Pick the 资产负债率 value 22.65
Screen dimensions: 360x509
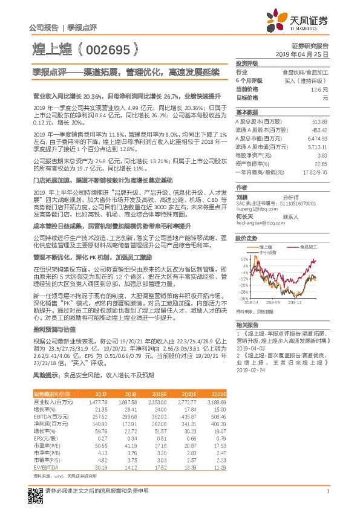click(321, 163)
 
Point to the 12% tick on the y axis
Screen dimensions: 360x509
click(243, 258)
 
